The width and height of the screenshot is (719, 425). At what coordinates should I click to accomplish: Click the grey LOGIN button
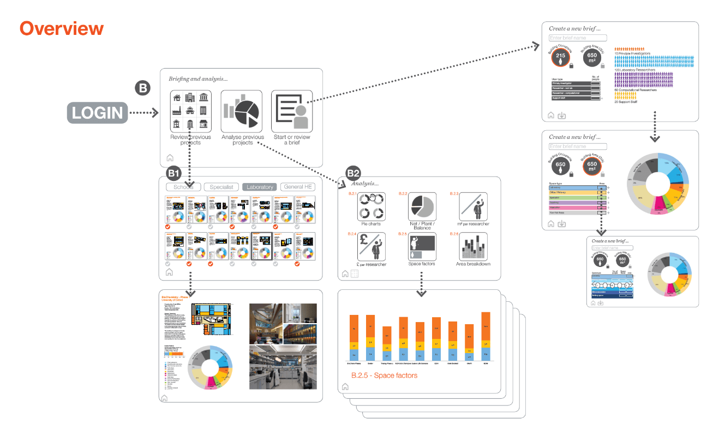(98, 113)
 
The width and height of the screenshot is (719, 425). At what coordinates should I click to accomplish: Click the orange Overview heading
(62, 28)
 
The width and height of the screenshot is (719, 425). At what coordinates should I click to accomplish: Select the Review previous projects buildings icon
(189, 111)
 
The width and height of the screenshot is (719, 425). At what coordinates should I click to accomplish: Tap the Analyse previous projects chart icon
(242, 111)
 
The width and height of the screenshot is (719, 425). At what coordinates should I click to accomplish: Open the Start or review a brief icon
(291, 111)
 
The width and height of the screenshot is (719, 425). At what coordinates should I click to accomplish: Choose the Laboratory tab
(260, 187)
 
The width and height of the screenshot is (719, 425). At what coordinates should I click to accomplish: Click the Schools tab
(183, 187)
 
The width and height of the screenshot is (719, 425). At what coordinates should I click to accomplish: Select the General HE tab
(298, 187)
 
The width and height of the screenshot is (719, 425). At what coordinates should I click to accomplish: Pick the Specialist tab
(221, 187)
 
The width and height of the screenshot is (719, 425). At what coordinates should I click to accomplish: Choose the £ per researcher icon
(371, 246)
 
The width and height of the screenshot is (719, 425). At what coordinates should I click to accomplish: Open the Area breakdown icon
(472, 246)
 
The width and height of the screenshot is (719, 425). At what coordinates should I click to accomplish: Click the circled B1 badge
(174, 174)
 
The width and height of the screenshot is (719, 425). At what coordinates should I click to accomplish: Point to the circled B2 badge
(354, 174)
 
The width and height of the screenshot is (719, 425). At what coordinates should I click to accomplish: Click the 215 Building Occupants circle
(560, 56)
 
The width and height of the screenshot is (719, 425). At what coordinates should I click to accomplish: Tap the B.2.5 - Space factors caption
(385, 375)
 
